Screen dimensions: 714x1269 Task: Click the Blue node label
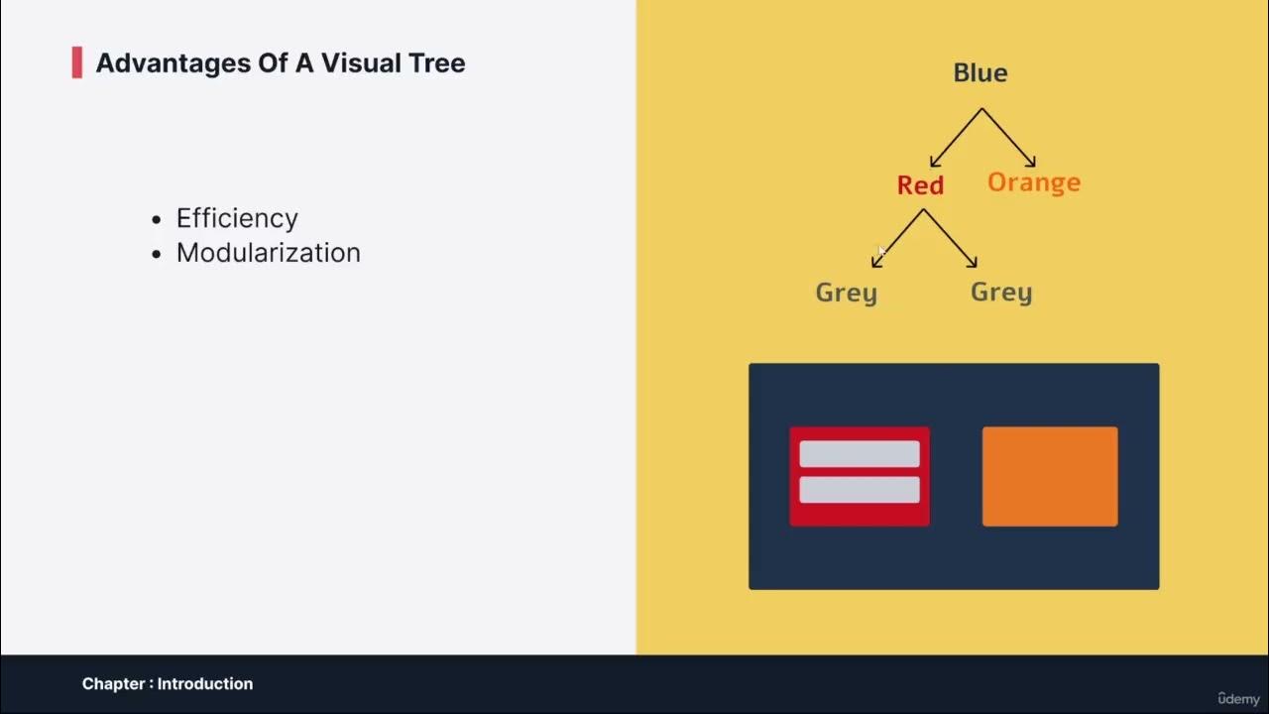(x=980, y=73)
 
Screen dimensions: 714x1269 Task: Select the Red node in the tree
(x=920, y=185)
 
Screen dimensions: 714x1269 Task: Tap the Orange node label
(x=1033, y=182)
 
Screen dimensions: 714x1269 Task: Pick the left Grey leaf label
(x=846, y=293)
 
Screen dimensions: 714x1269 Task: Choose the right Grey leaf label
(x=1000, y=293)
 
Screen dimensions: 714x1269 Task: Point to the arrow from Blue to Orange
(x=1009, y=138)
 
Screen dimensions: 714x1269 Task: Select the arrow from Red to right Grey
(x=951, y=238)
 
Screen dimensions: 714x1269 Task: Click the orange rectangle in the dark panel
(x=1049, y=476)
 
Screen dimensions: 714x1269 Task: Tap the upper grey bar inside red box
(x=859, y=454)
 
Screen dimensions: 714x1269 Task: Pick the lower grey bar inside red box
(x=859, y=490)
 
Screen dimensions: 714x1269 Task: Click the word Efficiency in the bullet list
(x=237, y=218)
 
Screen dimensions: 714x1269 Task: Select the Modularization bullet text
(x=268, y=253)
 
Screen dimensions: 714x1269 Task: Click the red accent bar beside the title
(x=77, y=62)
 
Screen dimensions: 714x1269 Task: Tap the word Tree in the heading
(x=436, y=63)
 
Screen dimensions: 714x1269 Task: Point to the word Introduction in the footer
(x=205, y=683)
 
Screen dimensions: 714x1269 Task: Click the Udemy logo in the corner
(x=1238, y=698)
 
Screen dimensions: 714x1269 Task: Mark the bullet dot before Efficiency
(x=157, y=220)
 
